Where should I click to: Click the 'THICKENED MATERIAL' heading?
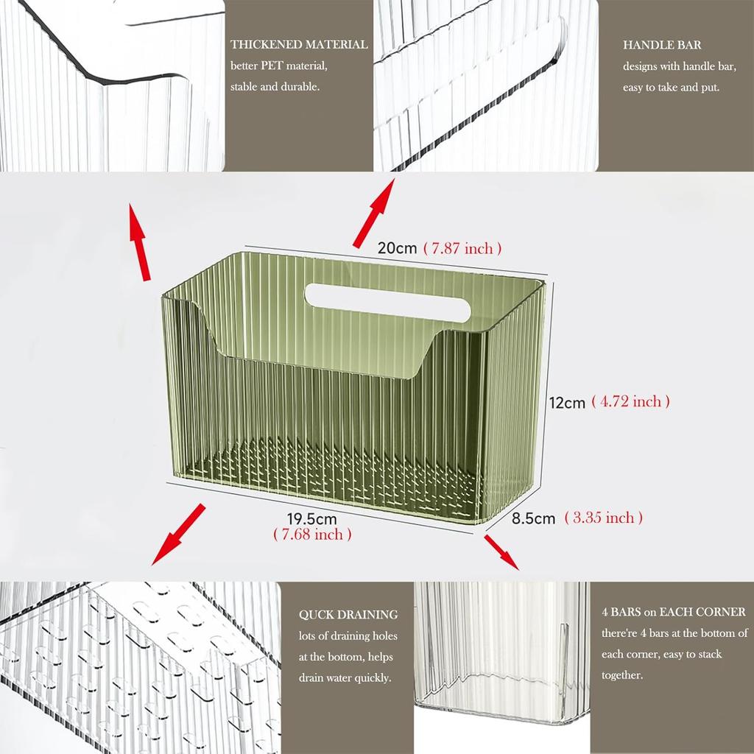299,45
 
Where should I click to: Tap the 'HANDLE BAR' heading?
662,46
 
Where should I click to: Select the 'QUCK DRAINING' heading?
348,615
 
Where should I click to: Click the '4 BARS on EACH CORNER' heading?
673,612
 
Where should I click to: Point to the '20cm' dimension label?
398,248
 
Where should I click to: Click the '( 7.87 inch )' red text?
463,248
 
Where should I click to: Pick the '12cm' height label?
567,403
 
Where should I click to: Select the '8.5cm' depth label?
534,518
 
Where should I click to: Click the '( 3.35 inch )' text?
604,518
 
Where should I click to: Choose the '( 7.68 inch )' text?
312,535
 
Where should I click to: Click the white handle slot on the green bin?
388,302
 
